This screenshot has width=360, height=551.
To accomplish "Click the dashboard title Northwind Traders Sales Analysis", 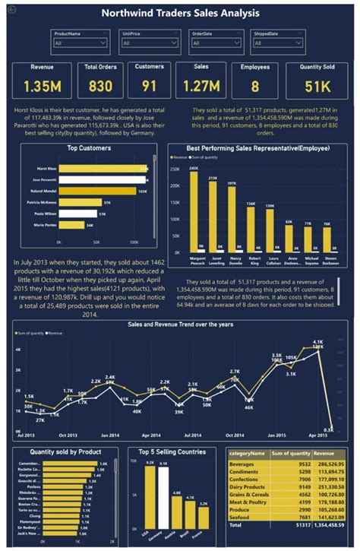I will click(179, 13).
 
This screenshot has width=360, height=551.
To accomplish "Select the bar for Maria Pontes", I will click(71, 225).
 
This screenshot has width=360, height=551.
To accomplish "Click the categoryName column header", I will click(245, 453).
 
